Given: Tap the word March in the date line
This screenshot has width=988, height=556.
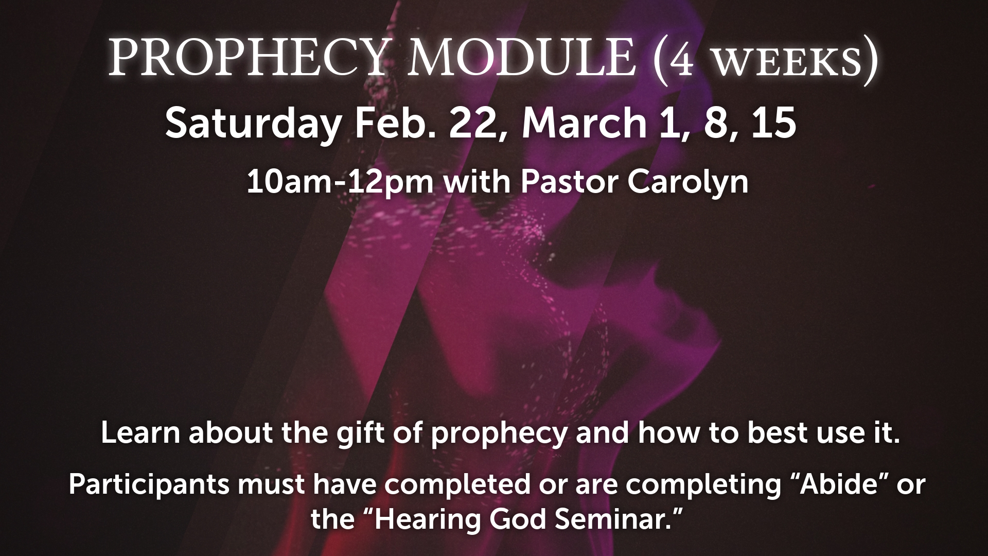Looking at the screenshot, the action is [x=584, y=124].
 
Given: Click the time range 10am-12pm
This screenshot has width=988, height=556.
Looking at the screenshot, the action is [x=340, y=182].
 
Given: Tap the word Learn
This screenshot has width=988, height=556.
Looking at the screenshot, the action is [x=140, y=433].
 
